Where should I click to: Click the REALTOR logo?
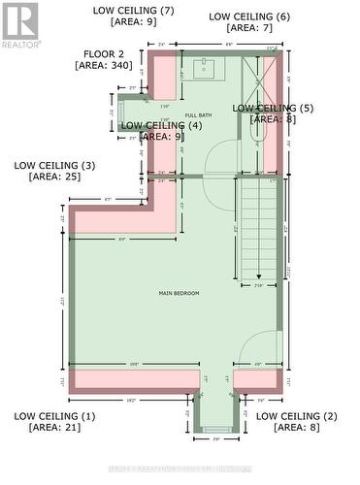20,25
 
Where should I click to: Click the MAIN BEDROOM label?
180,292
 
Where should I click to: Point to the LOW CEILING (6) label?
248,16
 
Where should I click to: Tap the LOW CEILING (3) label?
54,165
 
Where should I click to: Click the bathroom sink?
206,69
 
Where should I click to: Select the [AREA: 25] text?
54,177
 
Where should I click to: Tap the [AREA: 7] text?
248,28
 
